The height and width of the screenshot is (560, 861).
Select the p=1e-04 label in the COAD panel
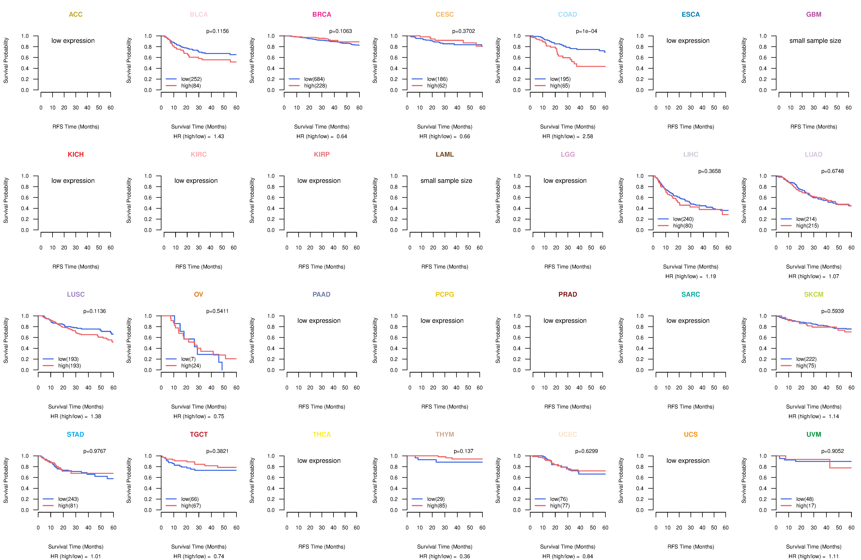[586, 31]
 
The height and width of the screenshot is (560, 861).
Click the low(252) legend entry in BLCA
[191, 79]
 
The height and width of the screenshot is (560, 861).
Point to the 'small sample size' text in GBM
[815, 40]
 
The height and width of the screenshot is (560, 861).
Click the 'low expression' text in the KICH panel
[73, 181]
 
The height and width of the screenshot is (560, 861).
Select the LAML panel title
[445, 155]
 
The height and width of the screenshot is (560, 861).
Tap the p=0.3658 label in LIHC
[709, 171]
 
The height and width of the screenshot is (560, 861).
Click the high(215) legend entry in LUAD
[807, 226]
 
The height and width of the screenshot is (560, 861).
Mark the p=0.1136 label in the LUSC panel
[94, 311]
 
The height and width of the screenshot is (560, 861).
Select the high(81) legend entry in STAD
[68, 506]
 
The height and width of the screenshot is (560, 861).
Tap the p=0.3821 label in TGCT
[217, 451]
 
